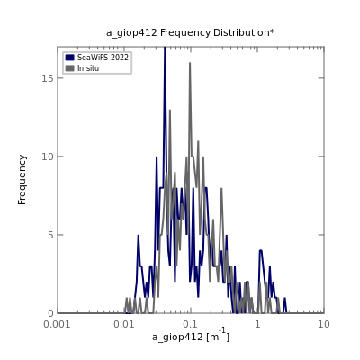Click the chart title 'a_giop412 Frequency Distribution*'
(x=190, y=32)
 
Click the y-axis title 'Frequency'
(x=22, y=180)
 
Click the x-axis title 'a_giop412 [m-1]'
(x=191, y=336)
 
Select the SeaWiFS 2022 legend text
(x=103, y=58)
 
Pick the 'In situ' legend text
(x=88, y=68)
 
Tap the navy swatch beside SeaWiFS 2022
(x=69, y=58)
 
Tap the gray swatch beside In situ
(x=69, y=68)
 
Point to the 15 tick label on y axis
(x=48, y=78)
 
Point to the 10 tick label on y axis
(x=48, y=157)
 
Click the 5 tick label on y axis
(x=51, y=235)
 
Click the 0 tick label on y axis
(x=51, y=313)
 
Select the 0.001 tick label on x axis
(x=57, y=324)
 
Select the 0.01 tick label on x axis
(x=124, y=324)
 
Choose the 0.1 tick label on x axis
(x=191, y=324)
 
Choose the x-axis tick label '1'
(x=257, y=324)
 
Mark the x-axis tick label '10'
(x=324, y=324)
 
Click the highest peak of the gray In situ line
(x=190, y=63)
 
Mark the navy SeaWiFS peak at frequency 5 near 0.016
(x=139, y=235)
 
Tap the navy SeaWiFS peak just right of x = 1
(x=261, y=250)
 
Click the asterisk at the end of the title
(x=272, y=31)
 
